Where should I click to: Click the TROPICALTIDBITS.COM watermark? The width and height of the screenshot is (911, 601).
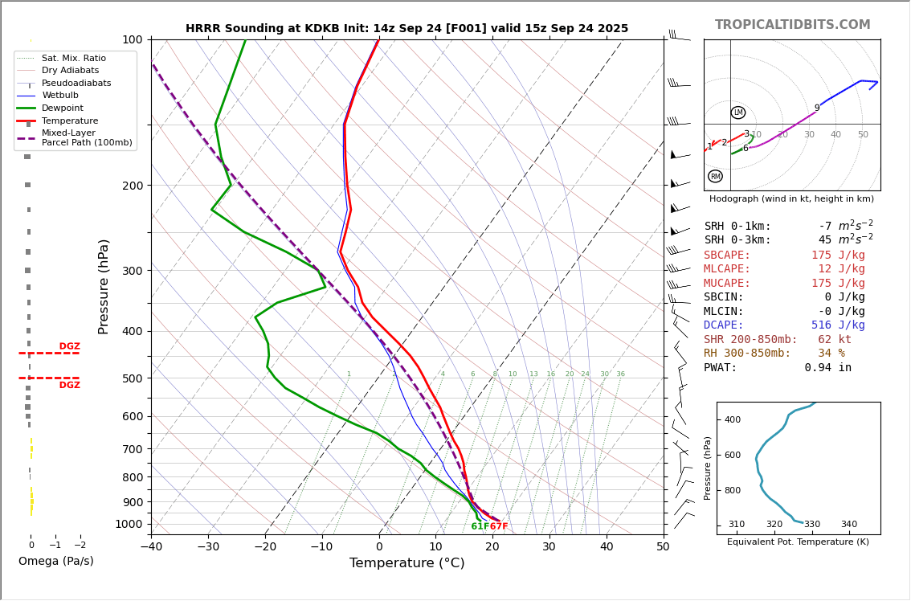coord(792,25)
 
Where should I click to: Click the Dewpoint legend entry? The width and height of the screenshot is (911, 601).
coord(63,108)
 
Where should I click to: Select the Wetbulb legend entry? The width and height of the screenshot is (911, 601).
coord(60,96)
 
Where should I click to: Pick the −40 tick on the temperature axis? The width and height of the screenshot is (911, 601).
coord(151,547)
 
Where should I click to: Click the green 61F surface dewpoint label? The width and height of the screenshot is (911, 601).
coord(480,526)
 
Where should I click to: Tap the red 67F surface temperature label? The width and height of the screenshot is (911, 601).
coord(499,526)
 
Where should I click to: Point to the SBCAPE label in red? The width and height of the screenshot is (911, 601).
coord(727,256)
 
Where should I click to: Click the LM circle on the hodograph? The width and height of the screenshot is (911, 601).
coord(737,112)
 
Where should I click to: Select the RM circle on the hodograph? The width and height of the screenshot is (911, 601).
coord(715,177)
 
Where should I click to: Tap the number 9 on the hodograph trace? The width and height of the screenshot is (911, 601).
coord(817,108)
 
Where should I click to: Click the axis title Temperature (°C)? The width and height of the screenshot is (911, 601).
coord(406,563)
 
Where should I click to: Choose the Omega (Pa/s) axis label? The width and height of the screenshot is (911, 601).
coord(55,561)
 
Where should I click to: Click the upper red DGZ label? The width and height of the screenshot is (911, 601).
coord(69,346)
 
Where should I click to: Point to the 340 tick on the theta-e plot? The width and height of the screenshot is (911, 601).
coord(848,525)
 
